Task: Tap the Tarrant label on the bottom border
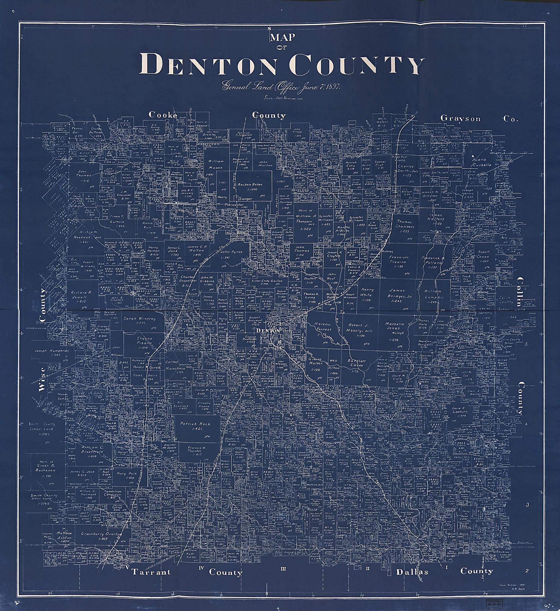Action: point(151,572)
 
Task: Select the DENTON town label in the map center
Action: point(268,331)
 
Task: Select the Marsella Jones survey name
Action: point(395,326)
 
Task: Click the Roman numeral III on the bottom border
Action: point(283,569)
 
